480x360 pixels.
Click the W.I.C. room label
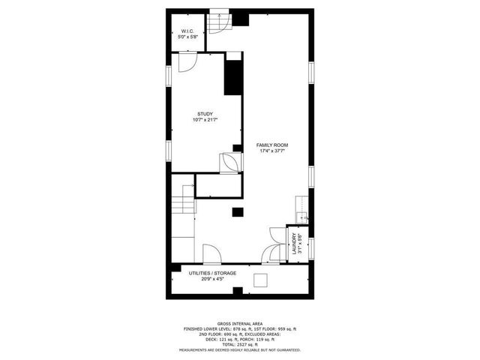187,31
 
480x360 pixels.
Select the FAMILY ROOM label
271,145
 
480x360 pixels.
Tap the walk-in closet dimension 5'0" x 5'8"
187,37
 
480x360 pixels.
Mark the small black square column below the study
237,211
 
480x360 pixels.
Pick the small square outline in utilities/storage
261,280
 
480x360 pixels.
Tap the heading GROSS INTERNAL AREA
239,323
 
